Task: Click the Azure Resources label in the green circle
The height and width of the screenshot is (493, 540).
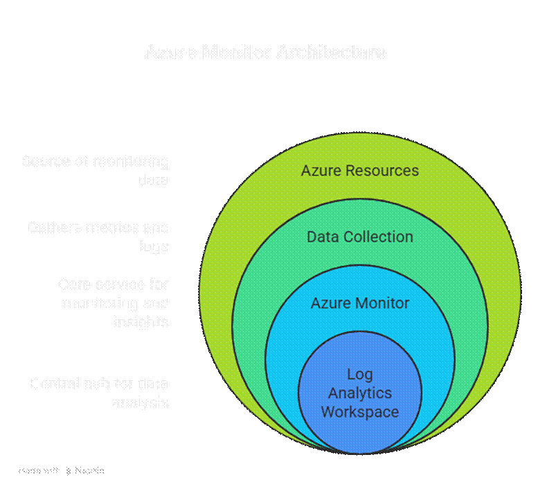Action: coord(359,171)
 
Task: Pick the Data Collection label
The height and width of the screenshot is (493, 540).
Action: coord(359,237)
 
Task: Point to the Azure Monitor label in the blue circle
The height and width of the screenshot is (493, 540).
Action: coord(359,304)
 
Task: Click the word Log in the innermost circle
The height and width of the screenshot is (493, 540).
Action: coord(359,375)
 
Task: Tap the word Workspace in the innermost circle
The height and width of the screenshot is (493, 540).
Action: coord(359,412)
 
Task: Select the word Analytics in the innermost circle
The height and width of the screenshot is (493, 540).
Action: coord(359,393)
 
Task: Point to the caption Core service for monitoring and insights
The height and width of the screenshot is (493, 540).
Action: coord(114,303)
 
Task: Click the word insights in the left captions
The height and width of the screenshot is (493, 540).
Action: coord(141,322)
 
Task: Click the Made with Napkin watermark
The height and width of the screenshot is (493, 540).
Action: coord(61,470)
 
